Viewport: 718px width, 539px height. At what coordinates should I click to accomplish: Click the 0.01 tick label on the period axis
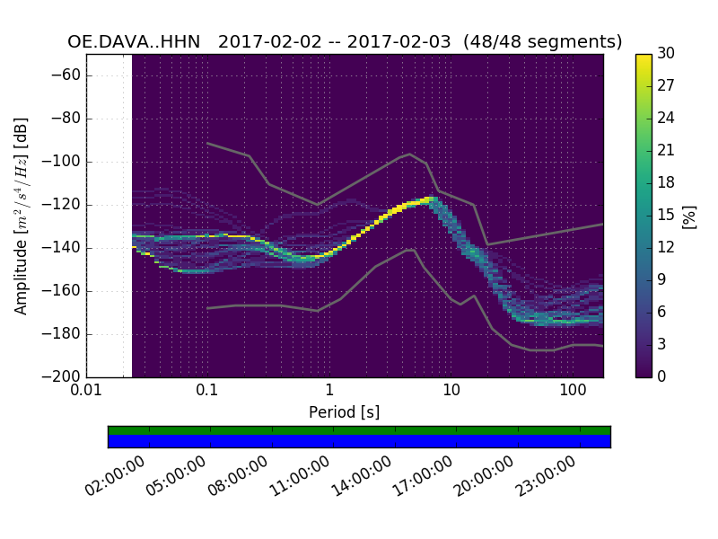tap(86, 391)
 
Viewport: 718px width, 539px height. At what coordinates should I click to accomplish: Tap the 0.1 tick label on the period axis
tap(207, 391)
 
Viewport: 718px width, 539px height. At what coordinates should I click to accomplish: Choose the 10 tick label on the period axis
tap(451, 391)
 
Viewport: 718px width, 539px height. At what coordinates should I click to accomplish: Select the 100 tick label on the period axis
tap(573, 391)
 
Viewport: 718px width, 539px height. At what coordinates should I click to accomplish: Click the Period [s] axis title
tap(345, 411)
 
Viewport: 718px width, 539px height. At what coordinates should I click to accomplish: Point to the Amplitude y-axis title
tap(22, 216)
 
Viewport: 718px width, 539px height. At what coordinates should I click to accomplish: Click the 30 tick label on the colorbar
tap(666, 54)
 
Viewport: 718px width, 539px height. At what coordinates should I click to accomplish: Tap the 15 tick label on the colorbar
tap(666, 216)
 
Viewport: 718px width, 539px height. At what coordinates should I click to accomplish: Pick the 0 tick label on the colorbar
tap(662, 376)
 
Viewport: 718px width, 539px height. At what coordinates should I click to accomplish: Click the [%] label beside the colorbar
tap(689, 216)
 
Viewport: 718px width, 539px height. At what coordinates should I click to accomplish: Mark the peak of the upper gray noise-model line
tap(410, 154)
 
